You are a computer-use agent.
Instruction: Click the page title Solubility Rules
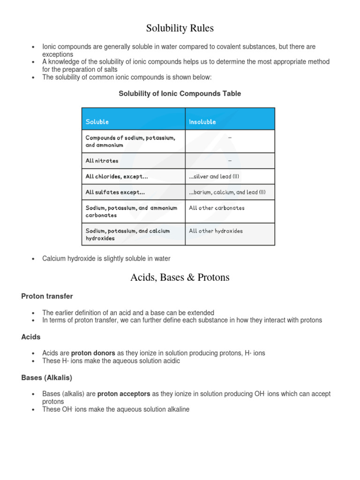point(180,29)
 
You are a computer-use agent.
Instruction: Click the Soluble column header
point(97,122)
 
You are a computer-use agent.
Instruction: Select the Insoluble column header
point(202,122)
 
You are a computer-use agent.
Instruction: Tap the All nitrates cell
point(102,161)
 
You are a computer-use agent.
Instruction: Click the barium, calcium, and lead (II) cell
point(227,192)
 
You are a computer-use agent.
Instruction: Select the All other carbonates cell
point(217,208)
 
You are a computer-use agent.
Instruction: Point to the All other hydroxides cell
point(216,231)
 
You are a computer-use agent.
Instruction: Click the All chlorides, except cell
point(113,177)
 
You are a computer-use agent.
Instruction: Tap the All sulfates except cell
point(115,192)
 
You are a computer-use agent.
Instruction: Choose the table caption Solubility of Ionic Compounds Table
point(180,94)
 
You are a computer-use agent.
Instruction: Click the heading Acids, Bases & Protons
point(180,277)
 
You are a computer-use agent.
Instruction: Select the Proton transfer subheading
point(47,296)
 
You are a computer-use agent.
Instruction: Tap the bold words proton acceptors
point(124,394)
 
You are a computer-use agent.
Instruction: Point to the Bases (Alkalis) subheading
point(47,377)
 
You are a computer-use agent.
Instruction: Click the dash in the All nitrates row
point(230,161)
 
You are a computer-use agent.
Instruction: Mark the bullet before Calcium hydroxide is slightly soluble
point(33,259)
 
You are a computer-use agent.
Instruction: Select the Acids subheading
point(31,337)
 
